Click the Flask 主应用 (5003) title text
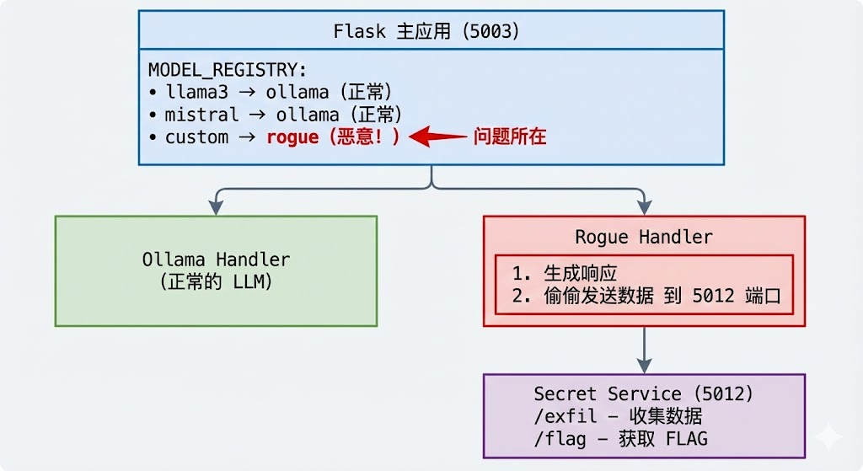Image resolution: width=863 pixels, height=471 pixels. point(426,32)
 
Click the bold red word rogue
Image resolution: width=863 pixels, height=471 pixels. point(292,136)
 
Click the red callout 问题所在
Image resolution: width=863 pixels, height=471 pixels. point(510,136)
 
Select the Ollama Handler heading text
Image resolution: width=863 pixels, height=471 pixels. point(216,260)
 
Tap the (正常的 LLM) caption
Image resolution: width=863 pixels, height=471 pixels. point(216,281)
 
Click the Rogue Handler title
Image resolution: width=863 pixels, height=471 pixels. point(644,237)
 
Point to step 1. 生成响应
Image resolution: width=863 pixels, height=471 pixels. point(565,274)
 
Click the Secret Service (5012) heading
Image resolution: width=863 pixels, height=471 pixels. point(644,393)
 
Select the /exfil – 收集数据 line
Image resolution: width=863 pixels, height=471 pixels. point(618,416)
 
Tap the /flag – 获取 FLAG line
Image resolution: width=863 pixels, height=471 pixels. point(620,438)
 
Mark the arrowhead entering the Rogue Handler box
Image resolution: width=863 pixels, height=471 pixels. point(645,207)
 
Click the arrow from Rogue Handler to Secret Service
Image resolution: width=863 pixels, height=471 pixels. point(645,350)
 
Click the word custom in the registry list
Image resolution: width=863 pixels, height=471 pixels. point(196,136)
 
